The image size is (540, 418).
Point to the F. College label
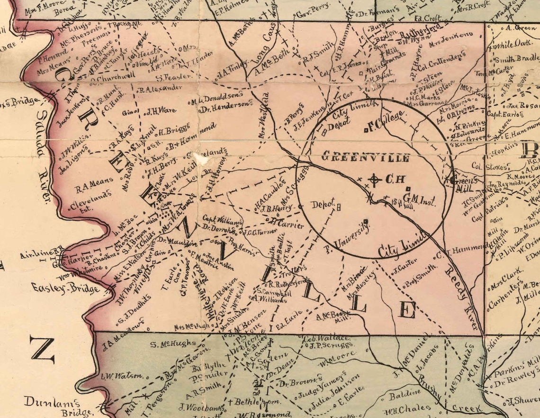tap(385, 121)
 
